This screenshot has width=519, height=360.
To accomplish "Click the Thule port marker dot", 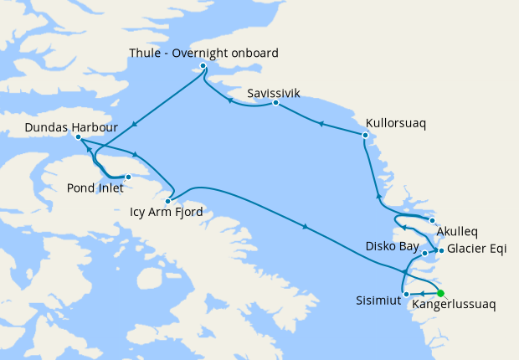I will (203, 65).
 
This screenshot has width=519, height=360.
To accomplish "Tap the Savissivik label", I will (274, 93).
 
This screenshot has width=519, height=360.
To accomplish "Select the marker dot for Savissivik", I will (275, 103).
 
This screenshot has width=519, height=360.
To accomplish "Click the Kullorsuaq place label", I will (396, 123).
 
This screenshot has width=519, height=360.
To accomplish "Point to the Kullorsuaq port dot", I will (366, 135).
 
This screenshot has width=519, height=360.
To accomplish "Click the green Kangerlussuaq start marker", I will (440, 294).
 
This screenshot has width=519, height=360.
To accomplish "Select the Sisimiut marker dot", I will (406, 294).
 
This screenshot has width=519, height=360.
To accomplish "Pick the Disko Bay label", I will (391, 246).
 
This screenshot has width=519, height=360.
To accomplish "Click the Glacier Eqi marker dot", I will (441, 249).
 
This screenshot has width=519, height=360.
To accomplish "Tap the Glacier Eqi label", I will (478, 249).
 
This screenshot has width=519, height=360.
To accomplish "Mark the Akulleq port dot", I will (432, 221).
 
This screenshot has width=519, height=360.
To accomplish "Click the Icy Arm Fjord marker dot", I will (168, 201).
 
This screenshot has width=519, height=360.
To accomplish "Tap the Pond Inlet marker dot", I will (128, 177).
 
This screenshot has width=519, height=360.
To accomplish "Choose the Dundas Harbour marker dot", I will (77, 136).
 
